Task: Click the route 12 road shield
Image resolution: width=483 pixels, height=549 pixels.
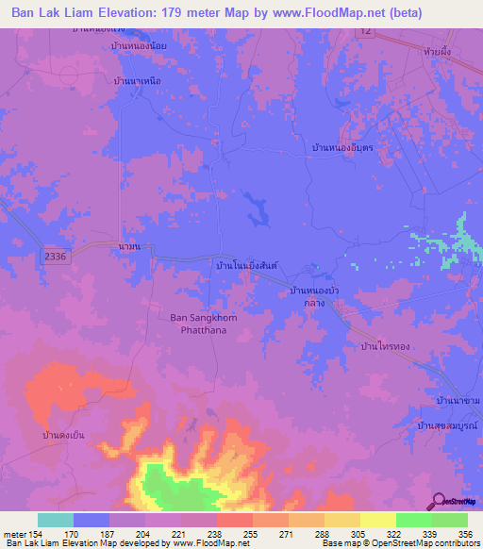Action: click(363, 32)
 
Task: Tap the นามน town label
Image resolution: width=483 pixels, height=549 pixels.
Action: click(130, 246)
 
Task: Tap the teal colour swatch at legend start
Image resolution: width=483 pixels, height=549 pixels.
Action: click(56, 520)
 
